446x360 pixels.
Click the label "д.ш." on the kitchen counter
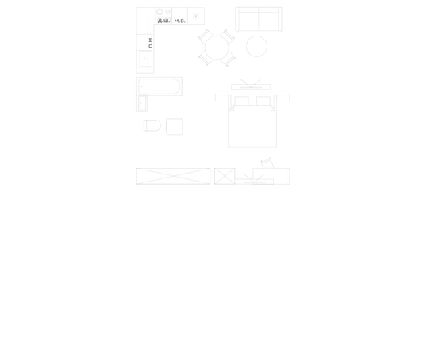(x=163, y=21)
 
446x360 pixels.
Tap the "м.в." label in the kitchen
(x=179, y=21)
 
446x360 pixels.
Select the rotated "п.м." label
(x=151, y=42)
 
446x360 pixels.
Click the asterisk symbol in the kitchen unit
(x=196, y=16)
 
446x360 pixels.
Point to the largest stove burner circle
(x=160, y=12)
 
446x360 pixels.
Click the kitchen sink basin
(x=145, y=59)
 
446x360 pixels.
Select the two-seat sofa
(x=259, y=19)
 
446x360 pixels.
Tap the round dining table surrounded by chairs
(x=217, y=48)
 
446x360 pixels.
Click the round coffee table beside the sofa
(x=256, y=46)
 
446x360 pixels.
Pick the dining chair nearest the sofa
(x=228, y=36)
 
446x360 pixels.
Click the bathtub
(x=160, y=86)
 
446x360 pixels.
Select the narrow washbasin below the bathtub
(x=142, y=103)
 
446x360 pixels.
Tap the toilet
(x=152, y=125)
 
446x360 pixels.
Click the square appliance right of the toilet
(x=174, y=127)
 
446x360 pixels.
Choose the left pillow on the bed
(x=242, y=101)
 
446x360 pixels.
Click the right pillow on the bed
(x=263, y=101)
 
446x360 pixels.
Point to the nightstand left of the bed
(x=221, y=98)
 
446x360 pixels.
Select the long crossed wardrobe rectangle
(x=173, y=176)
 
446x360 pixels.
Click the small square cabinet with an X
(x=225, y=176)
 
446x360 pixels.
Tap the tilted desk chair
(x=267, y=163)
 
